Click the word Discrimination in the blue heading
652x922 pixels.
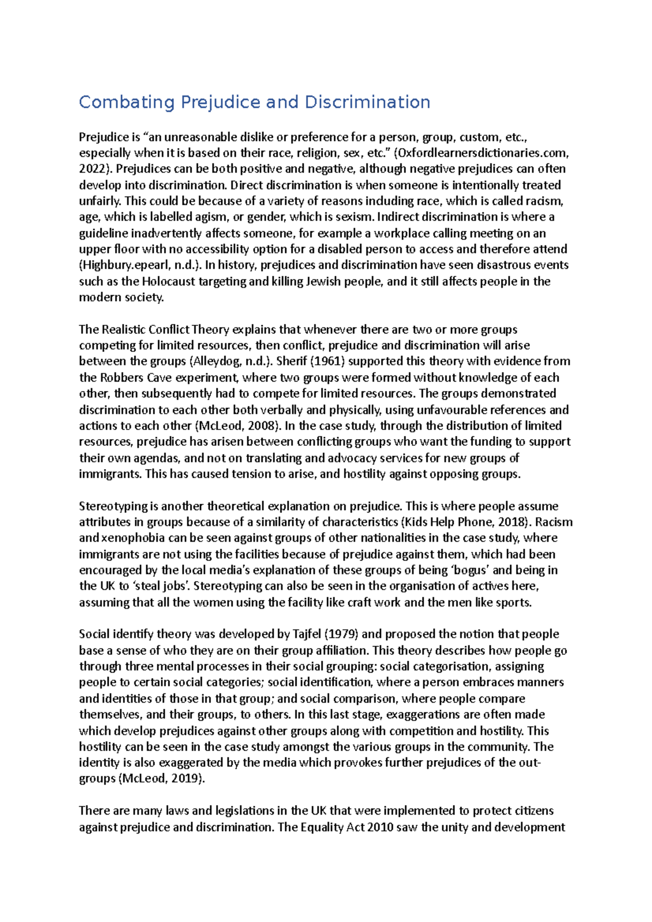[367, 102]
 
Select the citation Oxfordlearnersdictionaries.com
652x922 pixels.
[482, 153]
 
